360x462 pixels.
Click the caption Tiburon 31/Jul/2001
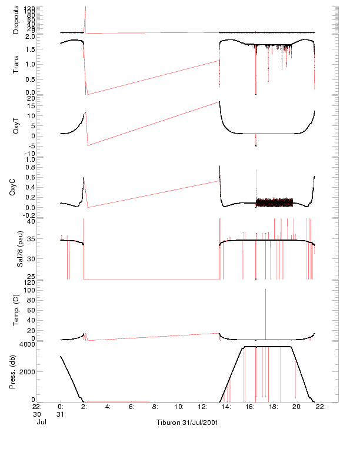click(187, 423)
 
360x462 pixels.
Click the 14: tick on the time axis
click(226, 406)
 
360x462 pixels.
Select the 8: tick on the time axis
click(155, 406)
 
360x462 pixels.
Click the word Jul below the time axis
click(41, 422)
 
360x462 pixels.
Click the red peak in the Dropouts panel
click(86, 8)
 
